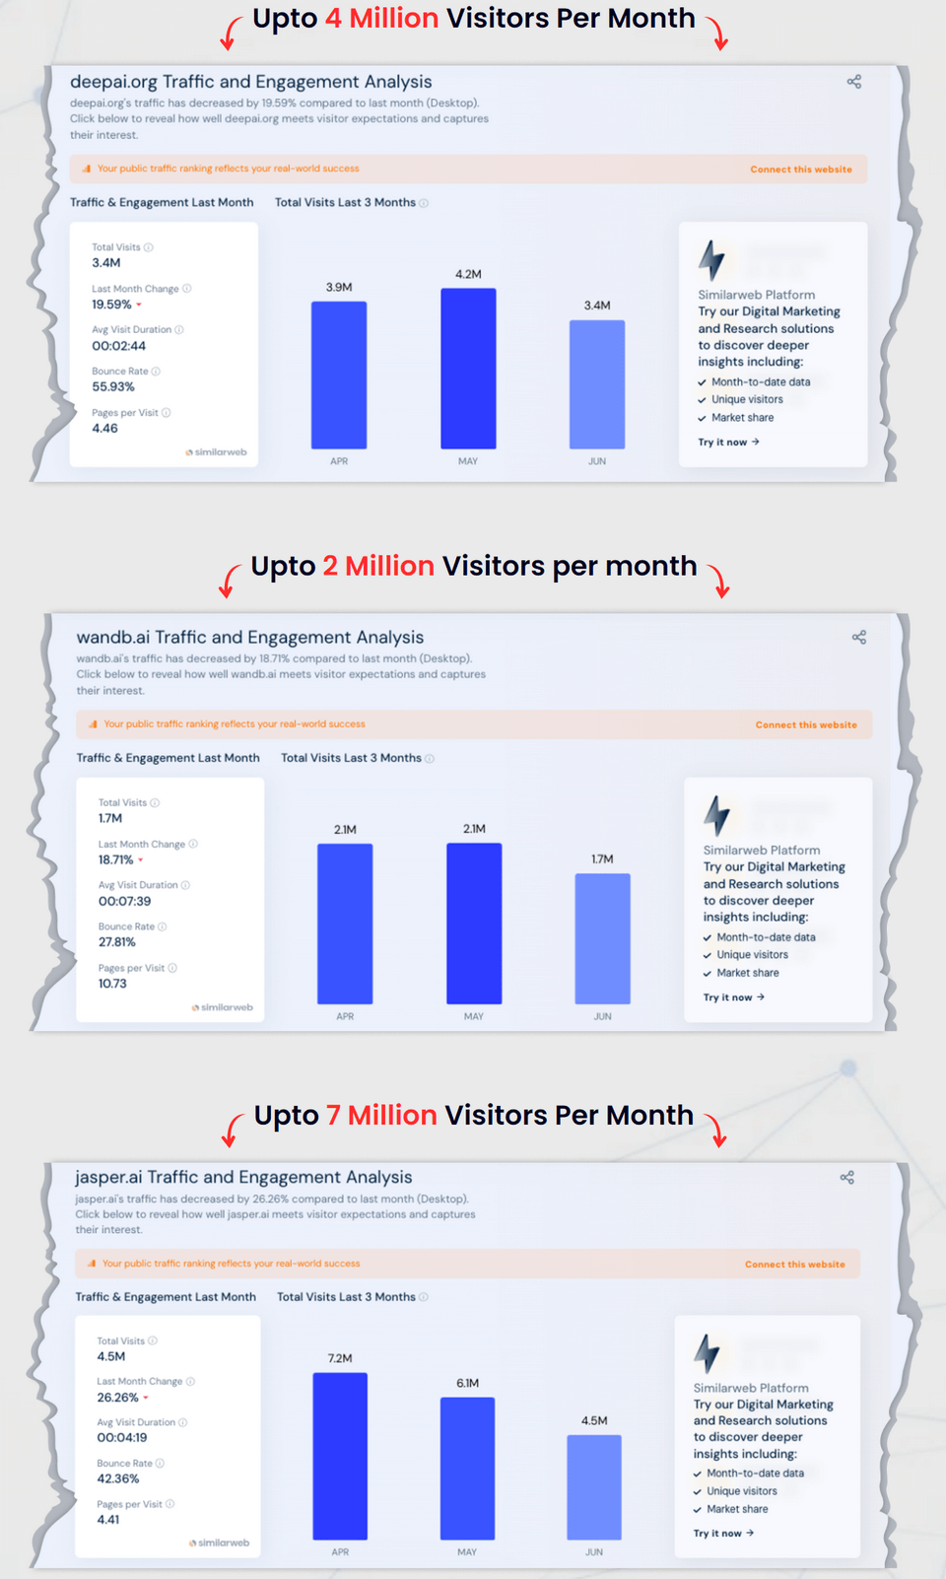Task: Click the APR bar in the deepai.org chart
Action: pos(339,375)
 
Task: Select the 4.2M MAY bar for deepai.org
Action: pos(468,369)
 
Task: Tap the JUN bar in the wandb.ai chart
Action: pos(602,938)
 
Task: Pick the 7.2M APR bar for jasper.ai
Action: pos(340,1456)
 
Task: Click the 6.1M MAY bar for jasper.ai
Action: pos(467,1469)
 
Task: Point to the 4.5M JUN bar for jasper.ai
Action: pos(594,1487)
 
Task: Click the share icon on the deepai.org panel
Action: pos(854,82)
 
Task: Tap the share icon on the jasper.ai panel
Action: pos(847,1177)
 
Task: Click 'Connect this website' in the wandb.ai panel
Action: pos(806,724)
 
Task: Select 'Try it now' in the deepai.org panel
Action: pos(728,443)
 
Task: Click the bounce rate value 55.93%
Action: pos(113,387)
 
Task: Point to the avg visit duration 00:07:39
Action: pos(125,901)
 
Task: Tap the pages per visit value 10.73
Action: pos(112,984)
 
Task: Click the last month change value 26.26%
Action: pos(117,1398)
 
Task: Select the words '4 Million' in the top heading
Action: pos(381,19)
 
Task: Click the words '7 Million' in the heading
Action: pos(381,1115)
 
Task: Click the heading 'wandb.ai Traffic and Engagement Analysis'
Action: pos(250,638)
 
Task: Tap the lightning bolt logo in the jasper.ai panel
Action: pos(707,1352)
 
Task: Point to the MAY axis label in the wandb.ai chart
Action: pos(474,1016)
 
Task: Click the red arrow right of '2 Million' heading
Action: pos(720,583)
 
